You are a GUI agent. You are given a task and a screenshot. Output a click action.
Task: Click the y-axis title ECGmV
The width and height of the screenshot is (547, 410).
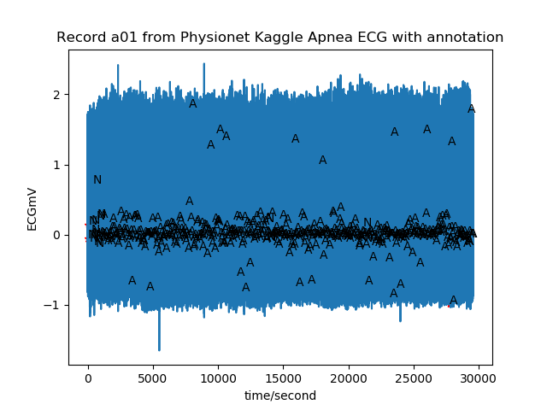[x=32, y=208]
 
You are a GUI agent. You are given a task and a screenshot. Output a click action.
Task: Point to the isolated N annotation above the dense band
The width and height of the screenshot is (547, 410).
[x=97, y=180]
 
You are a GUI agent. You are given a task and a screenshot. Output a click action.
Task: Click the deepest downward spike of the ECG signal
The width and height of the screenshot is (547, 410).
[x=159, y=348]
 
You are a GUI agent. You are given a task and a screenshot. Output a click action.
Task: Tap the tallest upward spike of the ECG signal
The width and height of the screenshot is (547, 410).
[x=203, y=64]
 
